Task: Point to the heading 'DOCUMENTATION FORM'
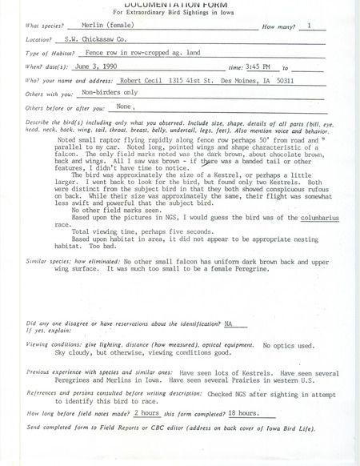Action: (178, 3)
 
